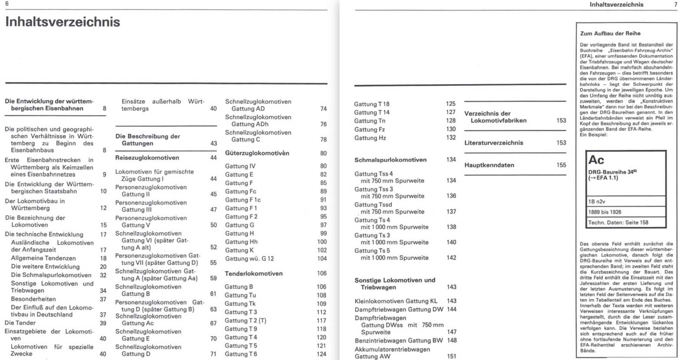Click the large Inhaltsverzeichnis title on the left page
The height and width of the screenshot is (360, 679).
click(x=62, y=22)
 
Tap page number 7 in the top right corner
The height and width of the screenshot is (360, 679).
click(x=675, y=4)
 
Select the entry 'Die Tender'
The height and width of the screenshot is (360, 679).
click(x=20, y=323)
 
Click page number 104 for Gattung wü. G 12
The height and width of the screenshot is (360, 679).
click(x=322, y=259)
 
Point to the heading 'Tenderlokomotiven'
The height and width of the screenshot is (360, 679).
click(x=254, y=274)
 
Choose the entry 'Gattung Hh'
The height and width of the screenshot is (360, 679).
click(x=241, y=242)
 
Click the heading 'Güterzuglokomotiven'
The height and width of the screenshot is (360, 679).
click(x=257, y=153)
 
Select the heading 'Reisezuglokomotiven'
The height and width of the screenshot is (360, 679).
click(x=147, y=158)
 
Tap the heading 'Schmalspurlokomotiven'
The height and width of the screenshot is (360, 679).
click(x=390, y=160)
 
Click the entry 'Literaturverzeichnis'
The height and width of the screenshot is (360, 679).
click(x=494, y=143)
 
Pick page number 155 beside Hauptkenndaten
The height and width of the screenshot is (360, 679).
click(x=561, y=165)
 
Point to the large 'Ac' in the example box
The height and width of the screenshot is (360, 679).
click(x=596, y=160)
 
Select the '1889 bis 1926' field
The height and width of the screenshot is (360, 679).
click(x=605, y=212)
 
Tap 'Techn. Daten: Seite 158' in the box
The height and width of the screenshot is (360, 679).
click(x=618, y=223)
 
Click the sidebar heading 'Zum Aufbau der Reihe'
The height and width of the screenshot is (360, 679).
click(x=610, y=33)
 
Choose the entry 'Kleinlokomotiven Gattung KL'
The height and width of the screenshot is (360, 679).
click(x=396, y=301)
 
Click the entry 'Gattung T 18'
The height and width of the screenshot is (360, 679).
click(x=372, y=104)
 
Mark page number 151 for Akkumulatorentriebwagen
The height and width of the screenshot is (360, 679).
click(x=451, y=356)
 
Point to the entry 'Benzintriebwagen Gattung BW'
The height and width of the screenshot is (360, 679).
click(x=398, y=340)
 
